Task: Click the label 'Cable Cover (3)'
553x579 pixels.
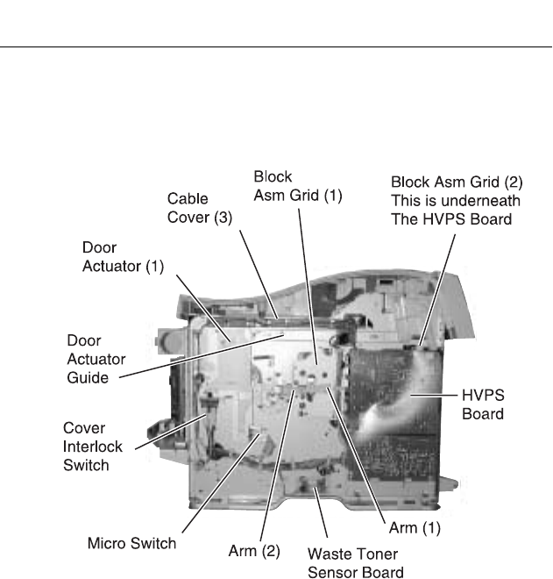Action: click(200, 208)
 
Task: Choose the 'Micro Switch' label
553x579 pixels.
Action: click(131, 543)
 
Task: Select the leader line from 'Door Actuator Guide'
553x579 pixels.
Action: click(202, 356)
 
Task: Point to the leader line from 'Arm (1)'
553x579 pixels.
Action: click(358, 455)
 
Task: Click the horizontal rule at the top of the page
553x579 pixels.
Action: click(276, 47)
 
